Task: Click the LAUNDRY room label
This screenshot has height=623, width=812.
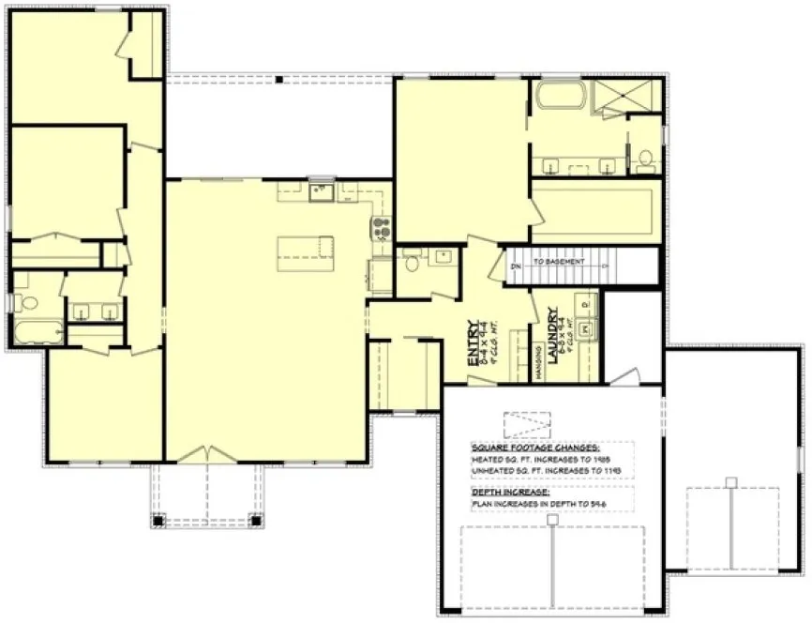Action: (x=555, y=330)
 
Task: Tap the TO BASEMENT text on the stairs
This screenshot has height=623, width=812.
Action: (x=559, y=262)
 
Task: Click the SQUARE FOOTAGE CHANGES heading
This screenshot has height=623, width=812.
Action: (x=536, y=448)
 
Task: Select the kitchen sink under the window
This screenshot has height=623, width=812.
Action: (x=322, y=192)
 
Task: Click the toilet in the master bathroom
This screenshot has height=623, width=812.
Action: (x=645, y=161)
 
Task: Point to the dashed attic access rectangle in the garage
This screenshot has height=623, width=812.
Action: (x=528, y=425)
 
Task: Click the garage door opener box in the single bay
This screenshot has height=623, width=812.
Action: (x=730, y=482)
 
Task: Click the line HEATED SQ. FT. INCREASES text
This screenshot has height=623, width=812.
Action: (x=546, y=461)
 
